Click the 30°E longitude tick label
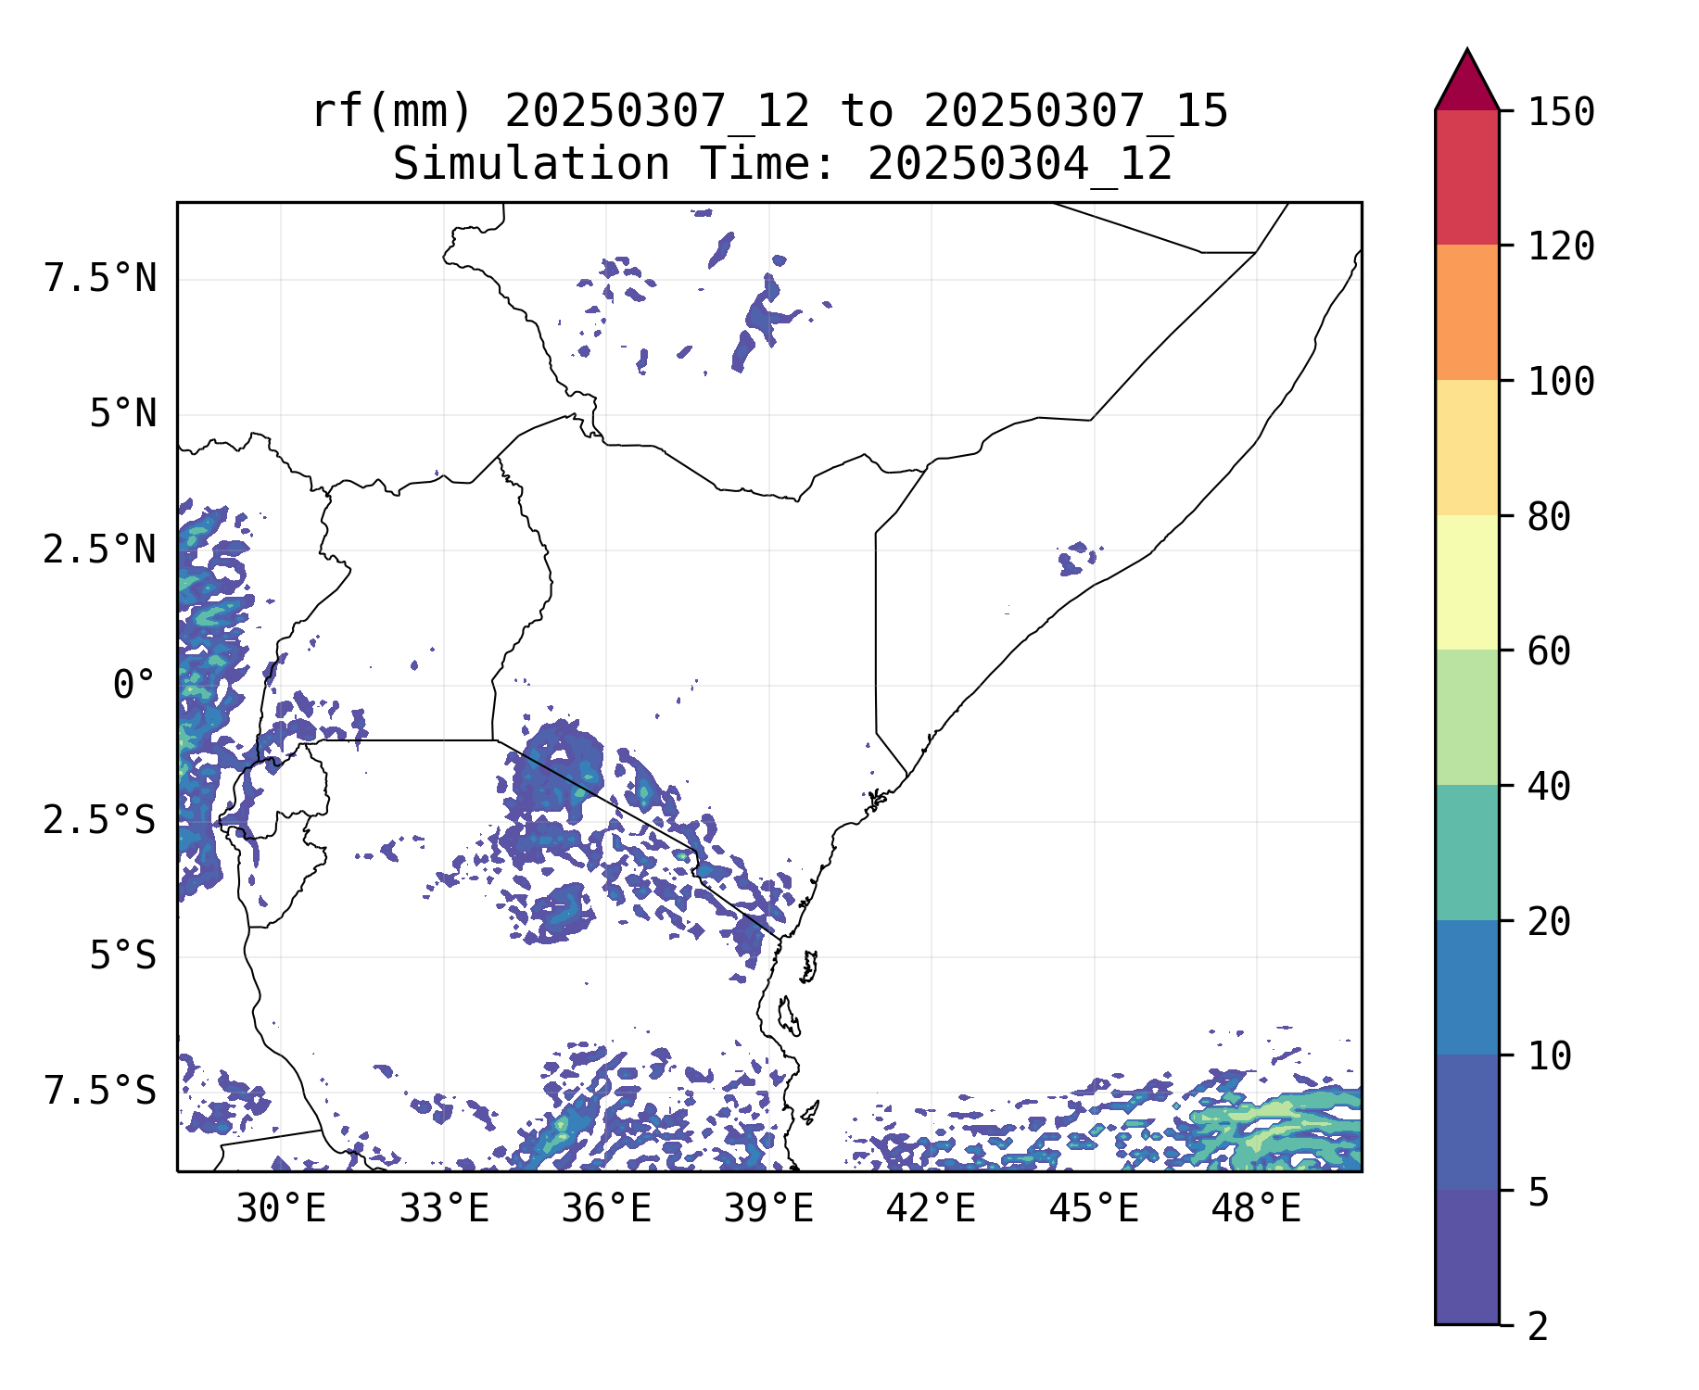pos(281,1208)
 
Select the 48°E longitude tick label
pos(1256,1208)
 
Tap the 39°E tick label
pos(768,1208)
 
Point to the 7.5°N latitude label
pos(100,278)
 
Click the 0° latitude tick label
pos(133,686)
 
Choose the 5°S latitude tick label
pos(122,955)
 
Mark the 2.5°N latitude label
pos(100,550)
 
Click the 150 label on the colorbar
pos(1561,112)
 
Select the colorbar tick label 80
pos(1549,517)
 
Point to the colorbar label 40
pos(1549,787)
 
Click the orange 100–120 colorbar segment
pos(1466,312)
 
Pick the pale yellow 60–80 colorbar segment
pos(1466,582)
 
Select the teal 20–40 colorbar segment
pos(1466,853)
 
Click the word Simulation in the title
pos(531,165)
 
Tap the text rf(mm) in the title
pos(391,112)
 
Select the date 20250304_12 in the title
pos(1020,165)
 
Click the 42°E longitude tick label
pos(931,1208)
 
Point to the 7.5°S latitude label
pos(100,1091)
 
